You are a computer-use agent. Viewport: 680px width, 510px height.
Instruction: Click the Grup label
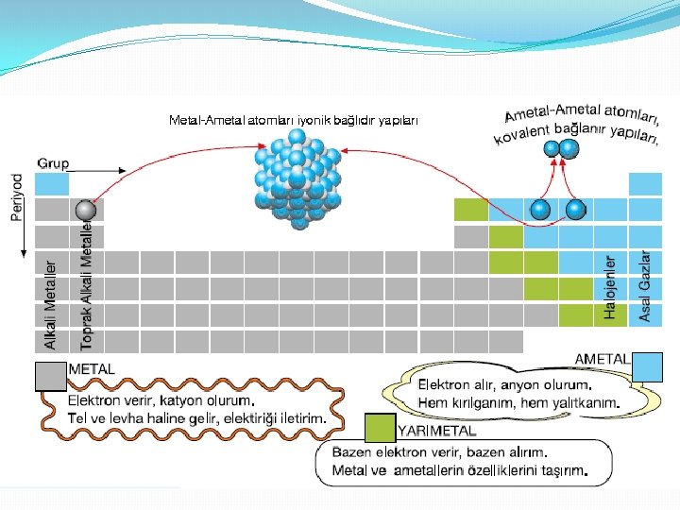point(53,163)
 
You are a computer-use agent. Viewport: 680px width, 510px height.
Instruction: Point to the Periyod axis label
point(18,196)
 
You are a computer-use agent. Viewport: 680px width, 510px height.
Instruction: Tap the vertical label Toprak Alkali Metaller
point(86,283)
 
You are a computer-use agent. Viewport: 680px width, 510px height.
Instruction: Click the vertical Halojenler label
point(611,286)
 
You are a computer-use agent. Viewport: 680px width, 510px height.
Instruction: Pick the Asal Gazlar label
point(645,285)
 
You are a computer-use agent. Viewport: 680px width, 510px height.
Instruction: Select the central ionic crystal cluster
point(297,179)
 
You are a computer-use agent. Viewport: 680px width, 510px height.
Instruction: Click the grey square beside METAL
point(49,377)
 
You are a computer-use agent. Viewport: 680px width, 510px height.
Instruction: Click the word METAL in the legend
point(92,369)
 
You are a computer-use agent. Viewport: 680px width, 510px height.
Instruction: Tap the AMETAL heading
point(603,359)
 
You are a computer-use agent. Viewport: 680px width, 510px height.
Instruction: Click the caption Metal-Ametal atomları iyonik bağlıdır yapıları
point(293,120)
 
